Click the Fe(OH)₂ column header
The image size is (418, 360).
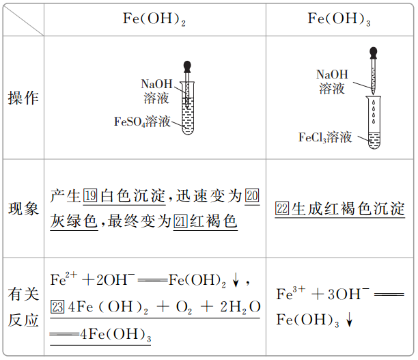click(x=154, y=18)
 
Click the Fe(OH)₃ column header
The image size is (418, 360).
click(x=339, y=18)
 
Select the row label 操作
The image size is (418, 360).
click(x=23, y=98)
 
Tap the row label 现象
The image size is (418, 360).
click(x=23, y=209)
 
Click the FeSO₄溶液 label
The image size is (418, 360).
click(x=142, y=122)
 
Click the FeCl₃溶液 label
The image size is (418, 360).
click(x=325, y=137)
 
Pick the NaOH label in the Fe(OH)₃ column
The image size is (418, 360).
click(x=332, y=74)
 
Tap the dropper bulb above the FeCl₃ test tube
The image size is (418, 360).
click(x=373, y=51)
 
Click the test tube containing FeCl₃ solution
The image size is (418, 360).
click(x=374, y=123)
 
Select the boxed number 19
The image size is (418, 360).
click(x=91, y=197)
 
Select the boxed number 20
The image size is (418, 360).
click(x=252, y=197)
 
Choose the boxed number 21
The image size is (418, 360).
click(x=181, y=221)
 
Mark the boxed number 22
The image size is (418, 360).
click(x=283, y=209)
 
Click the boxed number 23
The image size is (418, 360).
click(x=58, y=307)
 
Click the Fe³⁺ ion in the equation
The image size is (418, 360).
click(x=290, y=294)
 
